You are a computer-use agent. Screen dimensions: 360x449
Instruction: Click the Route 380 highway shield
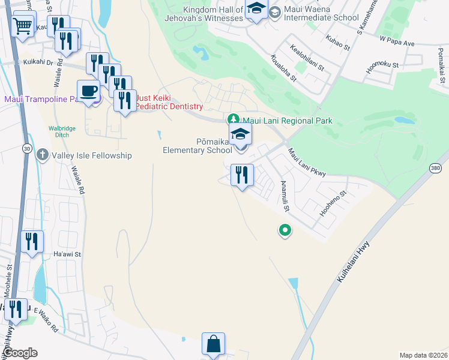[436, 170]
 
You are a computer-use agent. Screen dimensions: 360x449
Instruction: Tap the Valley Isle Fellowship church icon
[43, 155]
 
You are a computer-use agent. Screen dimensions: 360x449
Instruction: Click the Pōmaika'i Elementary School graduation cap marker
[241, 135]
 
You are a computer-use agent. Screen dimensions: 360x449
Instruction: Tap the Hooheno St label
[333, 204]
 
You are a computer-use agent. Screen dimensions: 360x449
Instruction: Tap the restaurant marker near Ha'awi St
[32, 241]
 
